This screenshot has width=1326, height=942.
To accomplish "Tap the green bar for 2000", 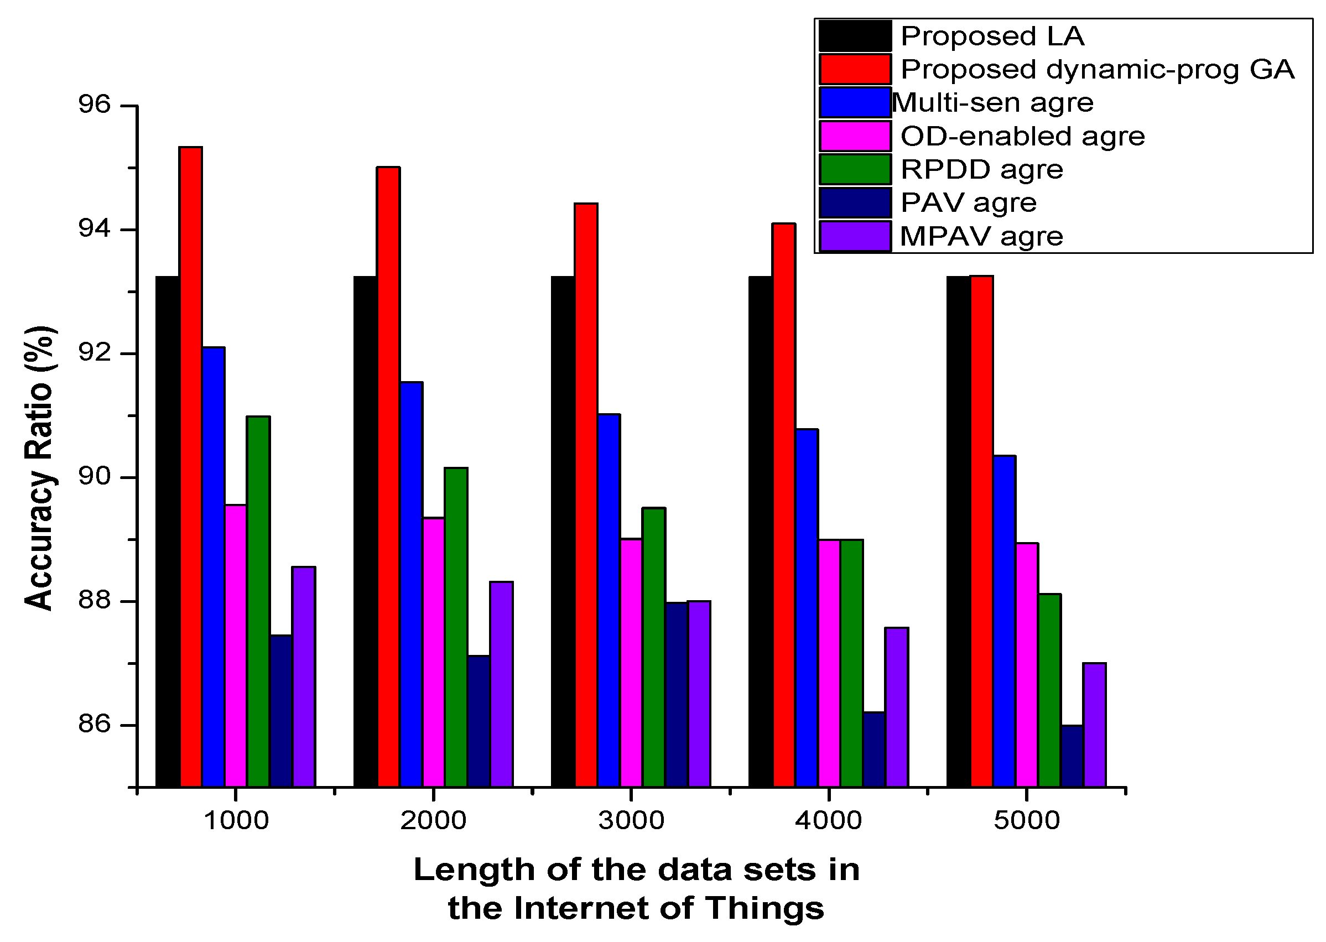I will click(x=456, y=627).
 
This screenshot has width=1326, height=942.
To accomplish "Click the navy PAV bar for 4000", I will click(x=873, y=749).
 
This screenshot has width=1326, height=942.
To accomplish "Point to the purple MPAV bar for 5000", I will click(x=1095, y=725).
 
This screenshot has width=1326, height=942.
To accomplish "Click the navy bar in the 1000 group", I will click(x=281, y=711).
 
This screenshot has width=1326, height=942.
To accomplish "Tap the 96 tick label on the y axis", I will click(x=94, y=105).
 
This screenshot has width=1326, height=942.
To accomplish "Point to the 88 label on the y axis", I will click(x=94, y=600).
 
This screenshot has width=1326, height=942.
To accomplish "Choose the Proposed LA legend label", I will click(x=992, y=36).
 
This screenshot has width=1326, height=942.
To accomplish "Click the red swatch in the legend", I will click(x=855, y=69).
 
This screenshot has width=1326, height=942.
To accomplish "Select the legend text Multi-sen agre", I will click(x=992, y=103).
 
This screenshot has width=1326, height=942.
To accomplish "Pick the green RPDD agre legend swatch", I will click(x=855, y=169).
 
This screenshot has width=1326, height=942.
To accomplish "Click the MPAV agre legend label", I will click(x=981, y=236).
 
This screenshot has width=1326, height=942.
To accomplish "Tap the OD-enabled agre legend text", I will click(x=1023, y=136).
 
